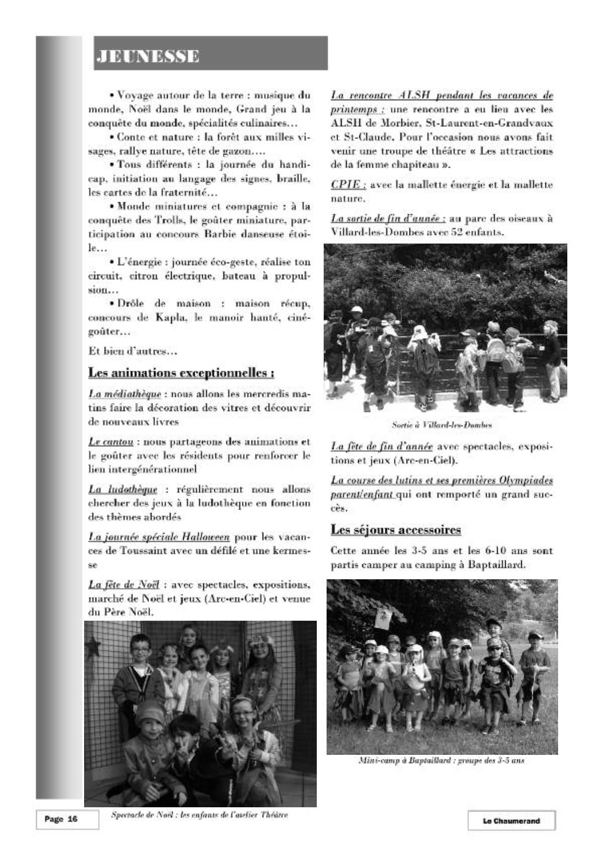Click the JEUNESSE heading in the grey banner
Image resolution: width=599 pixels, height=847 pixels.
[149, 56]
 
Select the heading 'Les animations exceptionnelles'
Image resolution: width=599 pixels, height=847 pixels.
[181, 373]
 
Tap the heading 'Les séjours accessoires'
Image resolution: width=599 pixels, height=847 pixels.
[396, 529]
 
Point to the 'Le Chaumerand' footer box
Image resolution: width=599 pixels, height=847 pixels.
[511, 821]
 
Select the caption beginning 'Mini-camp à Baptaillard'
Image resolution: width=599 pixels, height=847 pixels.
[441, 761]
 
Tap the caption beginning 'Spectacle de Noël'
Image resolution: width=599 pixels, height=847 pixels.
[199, 815]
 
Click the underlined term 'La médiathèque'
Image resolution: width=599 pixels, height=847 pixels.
[123, 394]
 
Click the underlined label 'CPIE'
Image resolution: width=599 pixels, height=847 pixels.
[347, 185]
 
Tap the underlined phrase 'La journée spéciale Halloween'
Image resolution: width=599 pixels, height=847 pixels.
[159, 537]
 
